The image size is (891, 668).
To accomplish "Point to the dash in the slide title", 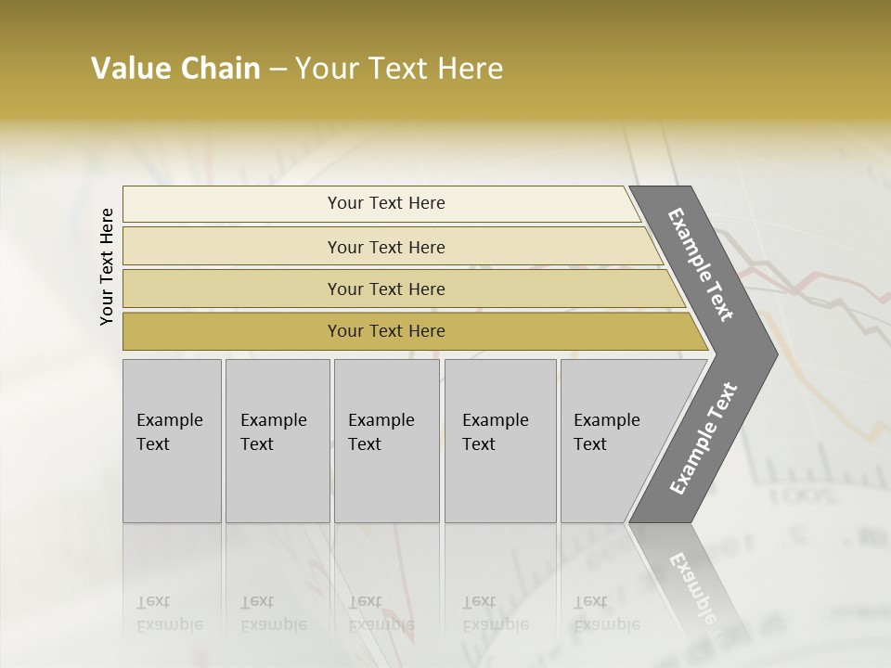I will click(x=278, y=70).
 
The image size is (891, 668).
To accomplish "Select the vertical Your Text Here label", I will click(x=107, y=266).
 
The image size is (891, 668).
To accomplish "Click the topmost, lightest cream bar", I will click(x=381, y=203).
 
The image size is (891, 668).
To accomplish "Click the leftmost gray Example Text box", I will click(x=172, y=441).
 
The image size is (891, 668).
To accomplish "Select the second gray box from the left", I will click(x=277, y=441).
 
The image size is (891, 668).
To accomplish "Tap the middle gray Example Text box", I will click(x=386, y=441).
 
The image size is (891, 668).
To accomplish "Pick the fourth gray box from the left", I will click(x=499, y=441).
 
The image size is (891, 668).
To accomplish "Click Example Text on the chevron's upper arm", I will click(x=701, y=264).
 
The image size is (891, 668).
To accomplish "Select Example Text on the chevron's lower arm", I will click(x=704, y=439).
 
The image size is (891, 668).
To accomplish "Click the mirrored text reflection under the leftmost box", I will click(x=169, y=613).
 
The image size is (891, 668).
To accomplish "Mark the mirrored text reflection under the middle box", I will click(x=381, y=613).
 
